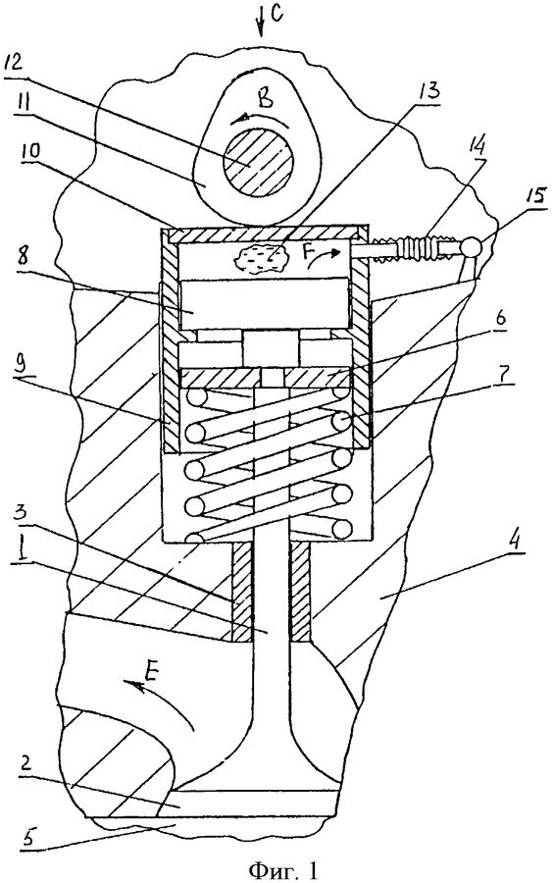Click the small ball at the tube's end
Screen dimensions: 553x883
471,247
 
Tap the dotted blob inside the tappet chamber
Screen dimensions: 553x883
261,259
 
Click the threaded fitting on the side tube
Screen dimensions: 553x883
426,248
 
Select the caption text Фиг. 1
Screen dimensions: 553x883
282,870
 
